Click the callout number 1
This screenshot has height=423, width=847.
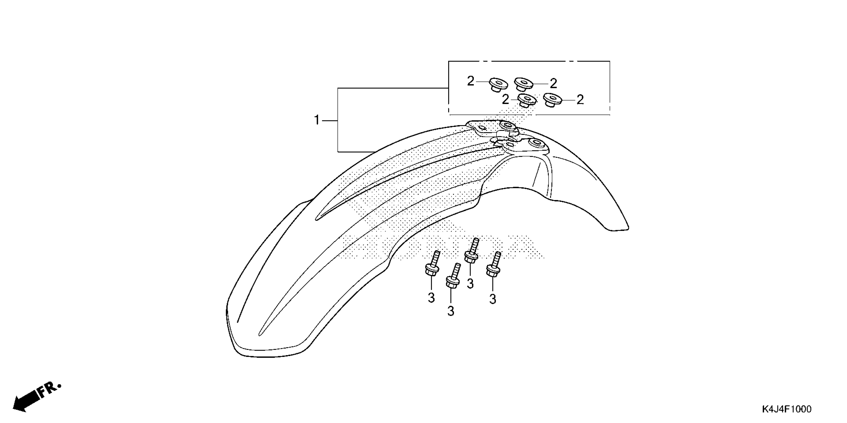[x=317, y=120]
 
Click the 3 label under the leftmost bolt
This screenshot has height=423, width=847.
[x=431, y=298]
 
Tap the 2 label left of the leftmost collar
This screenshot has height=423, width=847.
[x=471, y=81]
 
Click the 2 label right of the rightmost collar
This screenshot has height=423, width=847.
[x=580, y=100]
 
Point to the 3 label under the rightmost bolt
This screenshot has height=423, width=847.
[x=493, y=299]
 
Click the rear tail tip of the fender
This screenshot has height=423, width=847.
[x=618, y=228]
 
